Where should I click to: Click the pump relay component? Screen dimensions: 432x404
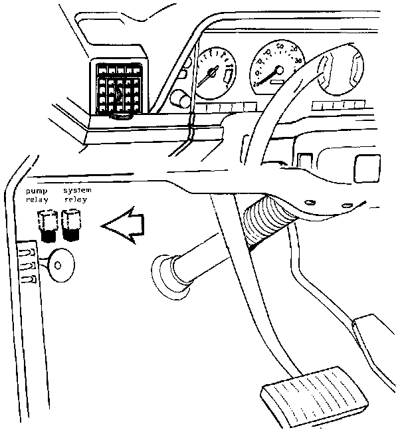(47, 225)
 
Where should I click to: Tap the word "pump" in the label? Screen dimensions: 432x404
(35, 191)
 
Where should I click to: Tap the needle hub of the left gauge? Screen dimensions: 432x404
(213, 71)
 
